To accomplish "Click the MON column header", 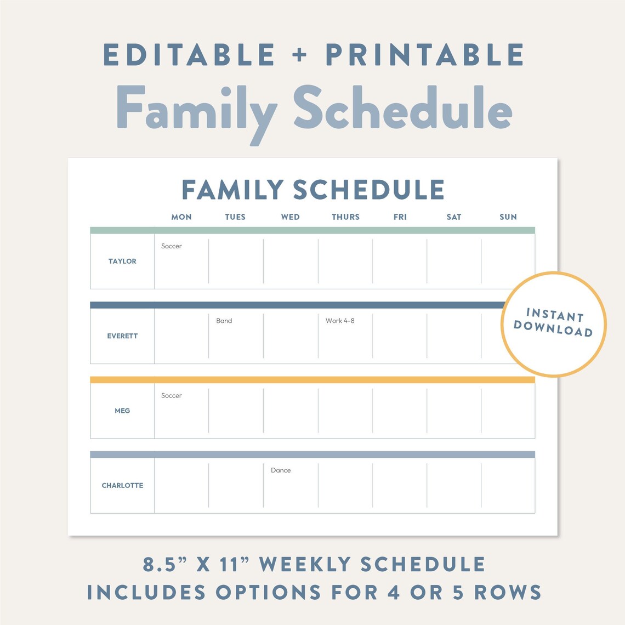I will click(x=181, y=217).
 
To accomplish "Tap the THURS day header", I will click(x=345, y=217).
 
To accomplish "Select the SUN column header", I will click(x=508, y=217).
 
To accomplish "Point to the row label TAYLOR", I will click(x=122, y=262).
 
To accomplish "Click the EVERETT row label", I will click(x=122, y=336).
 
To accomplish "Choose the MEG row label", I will click(x=122, y=411).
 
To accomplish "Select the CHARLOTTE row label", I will click(x=122, y=486).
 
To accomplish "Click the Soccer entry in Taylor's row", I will click(x=171, y=246).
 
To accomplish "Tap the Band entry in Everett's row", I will click(x=224, y=321).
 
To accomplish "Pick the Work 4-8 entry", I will click(x=340, y=321).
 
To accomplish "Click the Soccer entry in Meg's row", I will click(x=171, y=395).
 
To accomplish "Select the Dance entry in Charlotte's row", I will click(x=281, y=470).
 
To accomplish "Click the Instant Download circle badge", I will click(x=554, y=324).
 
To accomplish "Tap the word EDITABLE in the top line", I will click(x=189, y=55).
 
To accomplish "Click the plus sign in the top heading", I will click(x=300, y=55).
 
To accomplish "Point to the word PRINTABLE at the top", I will click(x=425, y=55).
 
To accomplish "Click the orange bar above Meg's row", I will click(x=312, y=379).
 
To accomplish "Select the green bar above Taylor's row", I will click(x=312, y=230).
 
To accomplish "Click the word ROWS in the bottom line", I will click(x=508, y=593).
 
